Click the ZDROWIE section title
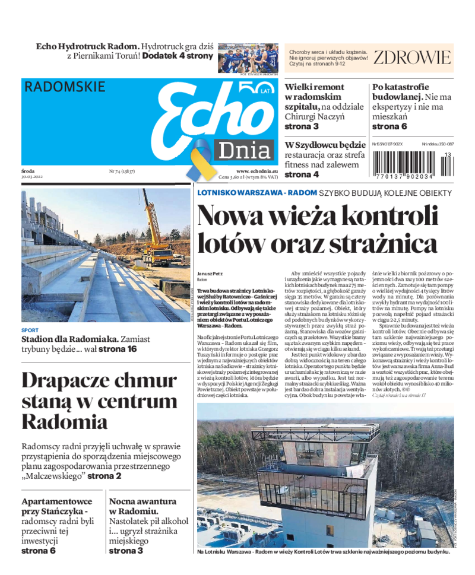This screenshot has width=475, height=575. coord(412,58)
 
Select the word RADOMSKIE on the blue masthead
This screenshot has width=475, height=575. coord(65,87)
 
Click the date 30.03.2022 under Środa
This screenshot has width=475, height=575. coord(31,177)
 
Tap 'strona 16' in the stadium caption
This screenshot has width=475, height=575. coord(118,349)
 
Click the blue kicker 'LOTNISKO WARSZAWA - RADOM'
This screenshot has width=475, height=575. coord(256,193)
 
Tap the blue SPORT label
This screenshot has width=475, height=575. coord(30,331)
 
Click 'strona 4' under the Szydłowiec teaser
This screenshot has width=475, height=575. coord(302,174)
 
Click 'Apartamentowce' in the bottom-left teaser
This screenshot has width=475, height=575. coord(56,501)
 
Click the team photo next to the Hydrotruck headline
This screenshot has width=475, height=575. coord(248,58)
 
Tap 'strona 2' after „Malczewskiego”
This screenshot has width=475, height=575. coord(104,476)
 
